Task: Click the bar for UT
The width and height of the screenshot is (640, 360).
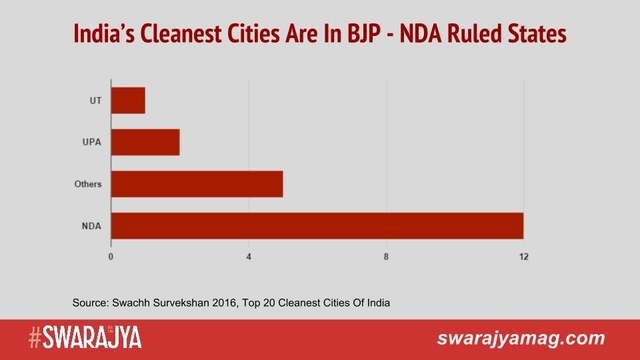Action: (x=128, y=100)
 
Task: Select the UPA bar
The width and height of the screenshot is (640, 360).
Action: (x=145, y=142)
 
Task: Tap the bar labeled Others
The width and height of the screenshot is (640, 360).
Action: (x=197, y=184)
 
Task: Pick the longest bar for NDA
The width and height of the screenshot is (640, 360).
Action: (x=317, y=226)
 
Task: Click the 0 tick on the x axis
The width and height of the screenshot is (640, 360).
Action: (x=111, y=257)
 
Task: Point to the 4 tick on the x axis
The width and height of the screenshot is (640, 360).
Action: (x=248, y=257)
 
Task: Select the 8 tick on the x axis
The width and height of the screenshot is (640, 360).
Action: (x=386, y=257)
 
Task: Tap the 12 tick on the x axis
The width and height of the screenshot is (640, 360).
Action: (x=523, y=257)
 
